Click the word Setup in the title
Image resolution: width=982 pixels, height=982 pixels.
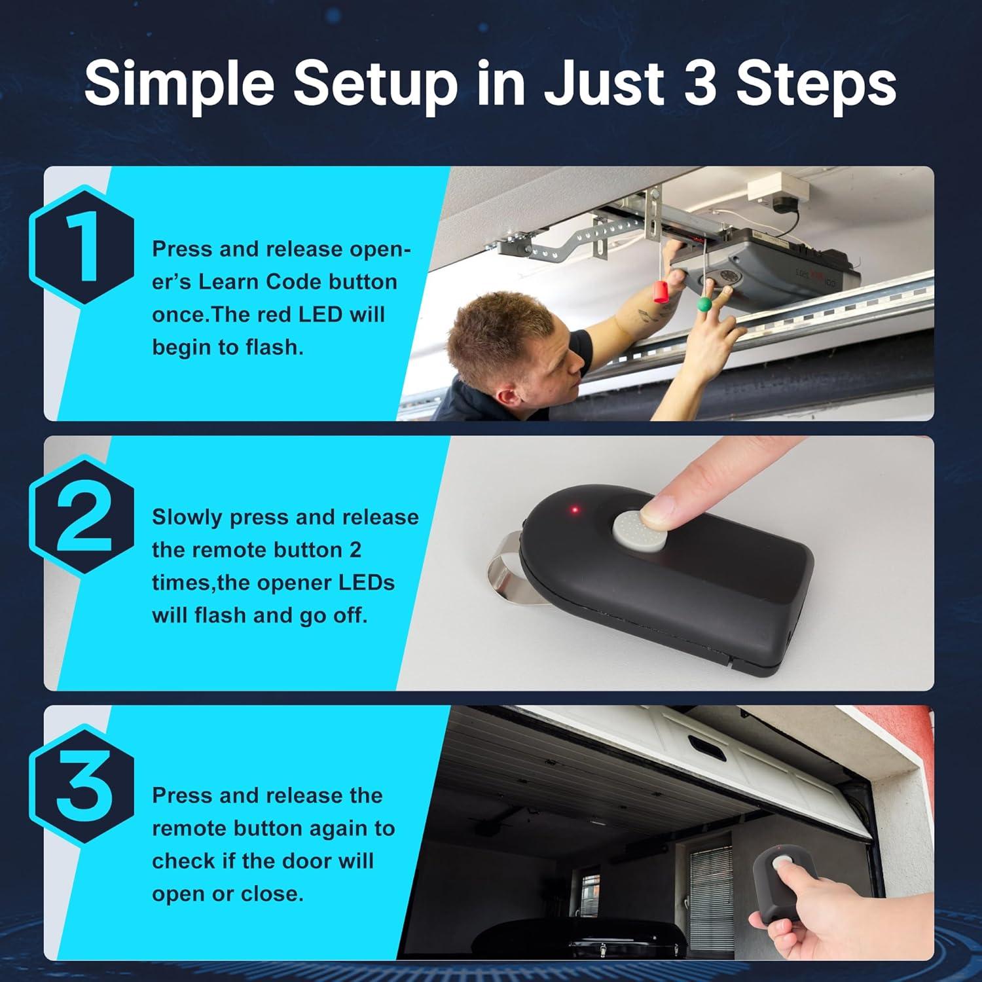point(376,86)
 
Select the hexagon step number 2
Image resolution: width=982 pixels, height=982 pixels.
point(82,517)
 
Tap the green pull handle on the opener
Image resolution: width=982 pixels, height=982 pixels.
point(704,304)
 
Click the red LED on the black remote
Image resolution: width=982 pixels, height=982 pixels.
point(575,509)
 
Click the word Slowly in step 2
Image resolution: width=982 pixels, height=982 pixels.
point(188,518)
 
